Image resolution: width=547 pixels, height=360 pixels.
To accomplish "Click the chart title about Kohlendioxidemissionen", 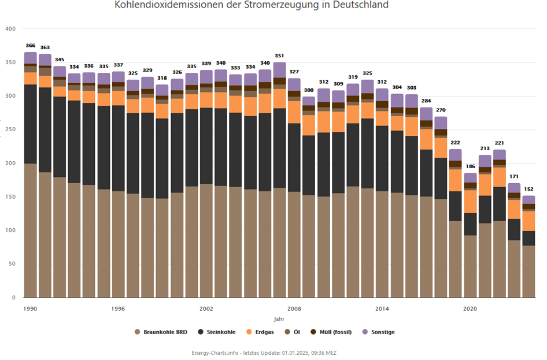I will click(252, 5).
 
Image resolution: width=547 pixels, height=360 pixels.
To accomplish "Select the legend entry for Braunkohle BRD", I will click(164, 332).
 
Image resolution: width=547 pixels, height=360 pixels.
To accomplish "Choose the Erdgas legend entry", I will click(263, 332).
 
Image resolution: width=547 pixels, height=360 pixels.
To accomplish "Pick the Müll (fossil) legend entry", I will click(334, 332).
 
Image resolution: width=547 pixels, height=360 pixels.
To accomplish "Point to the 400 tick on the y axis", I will click(10, 29).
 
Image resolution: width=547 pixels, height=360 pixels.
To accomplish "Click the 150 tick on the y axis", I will click(10, 197).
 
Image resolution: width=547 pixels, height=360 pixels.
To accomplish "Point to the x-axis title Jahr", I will click(279, 319).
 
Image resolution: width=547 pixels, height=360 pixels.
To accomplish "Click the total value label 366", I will click(31, 46).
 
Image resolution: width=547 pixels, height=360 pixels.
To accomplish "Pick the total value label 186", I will click(470, 166).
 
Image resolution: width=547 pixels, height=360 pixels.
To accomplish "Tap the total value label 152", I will click(528, 189).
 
